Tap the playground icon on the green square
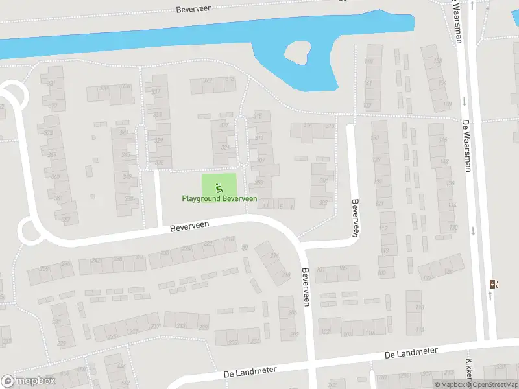point(219,187)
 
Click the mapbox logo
point(28,381)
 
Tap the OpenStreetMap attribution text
point(492,385)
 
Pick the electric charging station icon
point(494,284)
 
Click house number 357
point(66,220)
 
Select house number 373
point(48,133)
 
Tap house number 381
point(51,84)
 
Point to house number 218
point(228,239)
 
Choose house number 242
point(96,261)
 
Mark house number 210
point(285,276)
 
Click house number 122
point(426,277)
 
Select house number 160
point(446,104)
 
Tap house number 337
point(155,92)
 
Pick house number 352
point(128,199)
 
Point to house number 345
point(125,154)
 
